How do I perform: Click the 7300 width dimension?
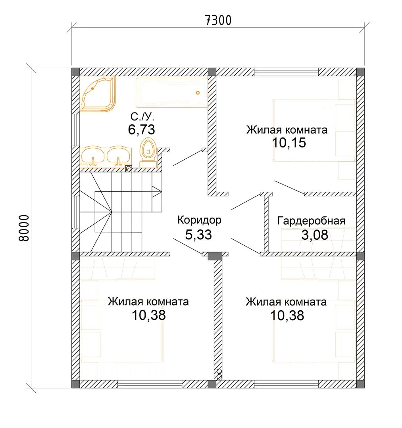[218, 20]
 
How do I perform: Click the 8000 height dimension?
[24, 228]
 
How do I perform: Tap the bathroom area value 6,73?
[142, 129]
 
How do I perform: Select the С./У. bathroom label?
[142, 117]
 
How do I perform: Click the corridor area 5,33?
[198, 235]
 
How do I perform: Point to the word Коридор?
[199, 220]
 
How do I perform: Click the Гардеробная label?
[311, 221]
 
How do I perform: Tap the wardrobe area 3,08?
[315, 235]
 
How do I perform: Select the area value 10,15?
[289, 143]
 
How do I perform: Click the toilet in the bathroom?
[148, 152]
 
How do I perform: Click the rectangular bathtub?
[171, 92]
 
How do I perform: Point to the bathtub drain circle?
[198, 93]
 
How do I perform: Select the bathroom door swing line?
[188, 158]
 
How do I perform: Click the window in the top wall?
[287, 72]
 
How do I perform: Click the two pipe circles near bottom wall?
[219, 374]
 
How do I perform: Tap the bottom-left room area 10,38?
[149, 315]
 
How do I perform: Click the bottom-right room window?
[287, 384]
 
